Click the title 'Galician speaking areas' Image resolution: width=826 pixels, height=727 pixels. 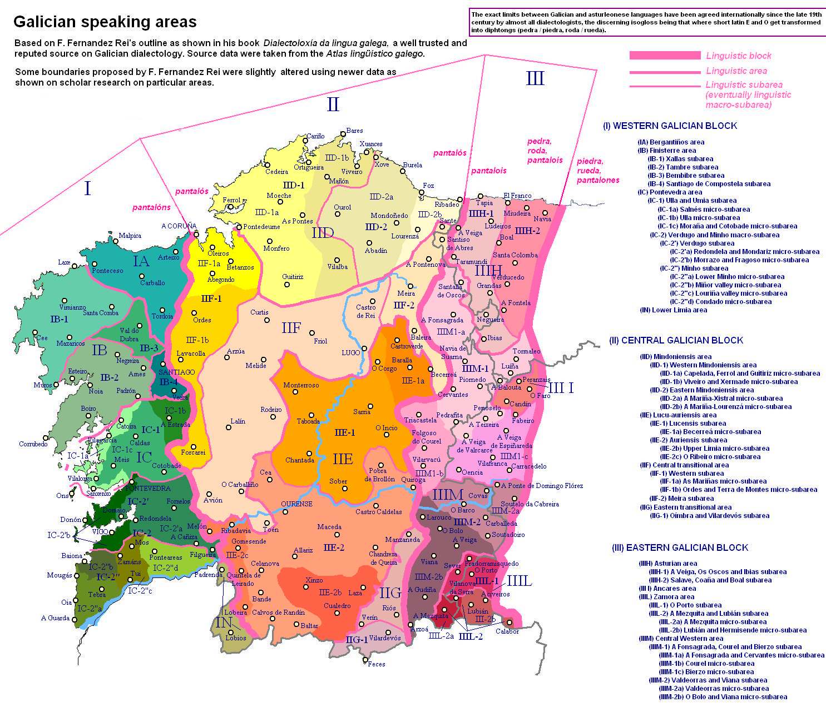click(105, 22)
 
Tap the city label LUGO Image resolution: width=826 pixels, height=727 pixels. click(350, 353)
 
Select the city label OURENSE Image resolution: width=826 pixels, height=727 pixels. click(296, 504)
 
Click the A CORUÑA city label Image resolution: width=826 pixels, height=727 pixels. click(179, 226)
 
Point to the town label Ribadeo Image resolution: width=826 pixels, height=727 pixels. click(447, 205)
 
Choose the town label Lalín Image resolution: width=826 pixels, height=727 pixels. click(238, 421)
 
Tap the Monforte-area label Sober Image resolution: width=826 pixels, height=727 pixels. click(338, 481)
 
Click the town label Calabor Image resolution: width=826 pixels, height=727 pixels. click(507, 631)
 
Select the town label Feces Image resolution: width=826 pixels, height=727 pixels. click(376, 664)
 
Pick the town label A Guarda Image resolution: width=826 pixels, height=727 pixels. click(56, 618)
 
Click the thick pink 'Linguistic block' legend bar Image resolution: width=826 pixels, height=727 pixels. click(665, 56)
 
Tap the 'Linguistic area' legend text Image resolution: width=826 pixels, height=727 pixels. click(736, 71)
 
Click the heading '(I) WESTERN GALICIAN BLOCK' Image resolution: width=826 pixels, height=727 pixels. click(670, 126)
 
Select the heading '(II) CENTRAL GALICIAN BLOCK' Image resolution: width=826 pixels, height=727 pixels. click(676, 341)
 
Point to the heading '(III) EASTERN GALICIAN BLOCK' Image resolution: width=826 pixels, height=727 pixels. click(680, 548)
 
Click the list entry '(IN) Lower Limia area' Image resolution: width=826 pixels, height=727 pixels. click(673, 310)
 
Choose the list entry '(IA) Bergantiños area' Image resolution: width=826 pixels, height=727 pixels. click(671, 142)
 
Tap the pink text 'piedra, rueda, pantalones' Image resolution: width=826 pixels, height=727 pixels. click(597, 171)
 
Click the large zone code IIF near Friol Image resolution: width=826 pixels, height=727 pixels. click(291, 328)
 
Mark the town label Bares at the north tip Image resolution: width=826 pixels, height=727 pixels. click(354, 131)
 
